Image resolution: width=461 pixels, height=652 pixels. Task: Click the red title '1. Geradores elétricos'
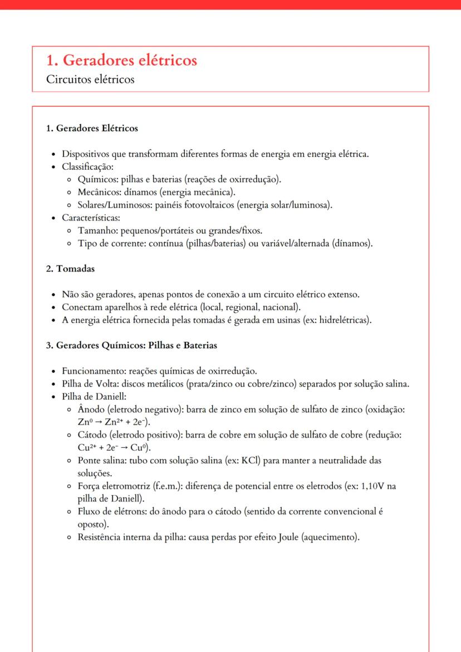(x=121, y=61)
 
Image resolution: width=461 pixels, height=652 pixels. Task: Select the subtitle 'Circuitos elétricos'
(x=90, y=80)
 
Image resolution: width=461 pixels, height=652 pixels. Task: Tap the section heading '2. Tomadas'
(x=70, y=269)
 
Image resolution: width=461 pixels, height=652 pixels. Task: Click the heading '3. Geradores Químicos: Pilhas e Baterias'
(x=131, y=345)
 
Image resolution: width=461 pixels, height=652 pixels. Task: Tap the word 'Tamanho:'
(x=97, y=231)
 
